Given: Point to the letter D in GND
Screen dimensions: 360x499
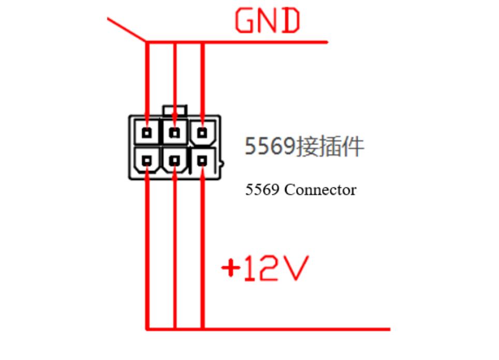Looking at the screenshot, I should pos(291,21).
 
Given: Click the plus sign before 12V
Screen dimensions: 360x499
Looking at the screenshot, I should pos(230,268).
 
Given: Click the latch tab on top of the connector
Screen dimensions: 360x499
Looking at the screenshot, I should pos(174,110).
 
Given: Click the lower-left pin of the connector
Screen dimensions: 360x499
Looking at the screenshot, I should pos(148,160).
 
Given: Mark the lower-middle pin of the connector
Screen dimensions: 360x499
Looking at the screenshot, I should pos(175,160).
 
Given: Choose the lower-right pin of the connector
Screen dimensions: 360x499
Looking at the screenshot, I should pos(202,160).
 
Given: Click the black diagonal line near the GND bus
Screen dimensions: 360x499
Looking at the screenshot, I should pos(126,29).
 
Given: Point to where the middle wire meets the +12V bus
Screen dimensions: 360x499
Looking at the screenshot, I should pos(175,328).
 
